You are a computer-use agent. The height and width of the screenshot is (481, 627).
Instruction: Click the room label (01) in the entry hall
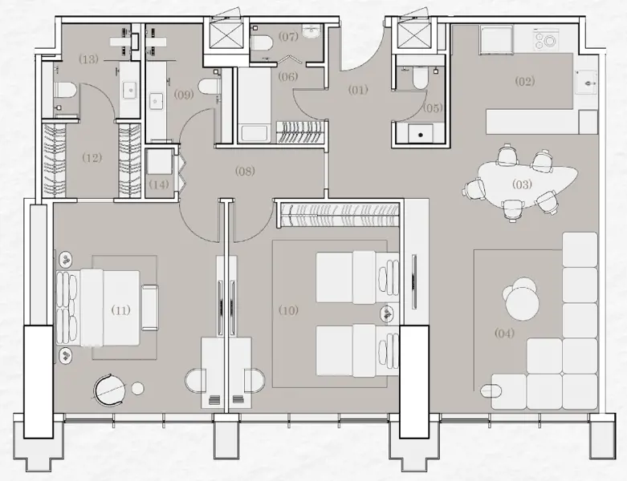[x=357, y=90]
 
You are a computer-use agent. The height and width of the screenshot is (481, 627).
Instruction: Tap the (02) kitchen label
[x=525, y=81]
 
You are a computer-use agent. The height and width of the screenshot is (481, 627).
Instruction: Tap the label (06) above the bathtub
[x=287, y=76]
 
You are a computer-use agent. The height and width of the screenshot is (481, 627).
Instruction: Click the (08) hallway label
[x=245, y=170]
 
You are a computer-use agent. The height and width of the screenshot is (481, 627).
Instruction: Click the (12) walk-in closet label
[x=92, y=158]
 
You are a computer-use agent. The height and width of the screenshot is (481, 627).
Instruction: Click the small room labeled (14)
[x=160, y=184]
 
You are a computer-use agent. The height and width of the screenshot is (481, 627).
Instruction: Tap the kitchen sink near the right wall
[x=588, y=81]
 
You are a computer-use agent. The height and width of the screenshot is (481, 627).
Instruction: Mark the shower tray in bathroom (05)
[x=417, y=131]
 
